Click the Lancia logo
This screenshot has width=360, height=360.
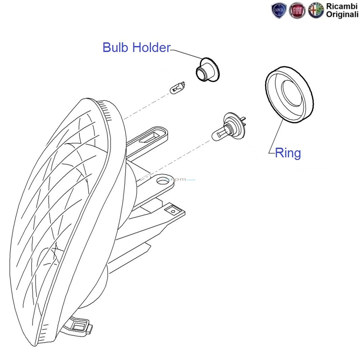(279, 11)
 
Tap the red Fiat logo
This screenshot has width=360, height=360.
(297, 11)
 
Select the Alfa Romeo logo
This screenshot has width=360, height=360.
(315, 11)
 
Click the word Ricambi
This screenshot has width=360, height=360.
(342, 6)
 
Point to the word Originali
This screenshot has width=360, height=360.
(342, 14)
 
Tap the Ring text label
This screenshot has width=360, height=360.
(288, 153)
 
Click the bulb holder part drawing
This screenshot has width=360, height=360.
(206, 70)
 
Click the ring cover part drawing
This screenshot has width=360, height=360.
(289, 95)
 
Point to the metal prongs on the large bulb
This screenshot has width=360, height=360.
(245, 121)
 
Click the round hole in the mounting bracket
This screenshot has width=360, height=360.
(162, 181)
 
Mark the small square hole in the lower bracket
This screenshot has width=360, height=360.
(173, 211)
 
